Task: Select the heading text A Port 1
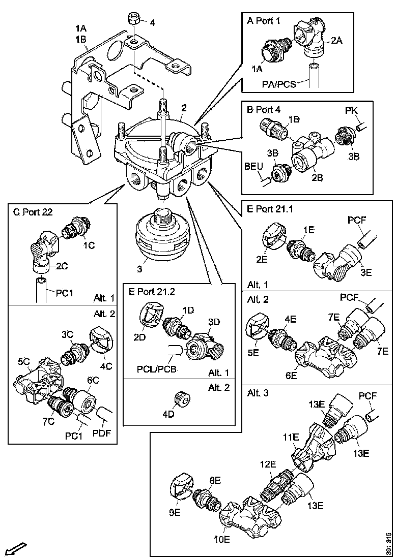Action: [265, 21]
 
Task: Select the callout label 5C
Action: [24, 362]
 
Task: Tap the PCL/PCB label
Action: [153, 368]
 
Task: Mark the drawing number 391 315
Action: [388, 543]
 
